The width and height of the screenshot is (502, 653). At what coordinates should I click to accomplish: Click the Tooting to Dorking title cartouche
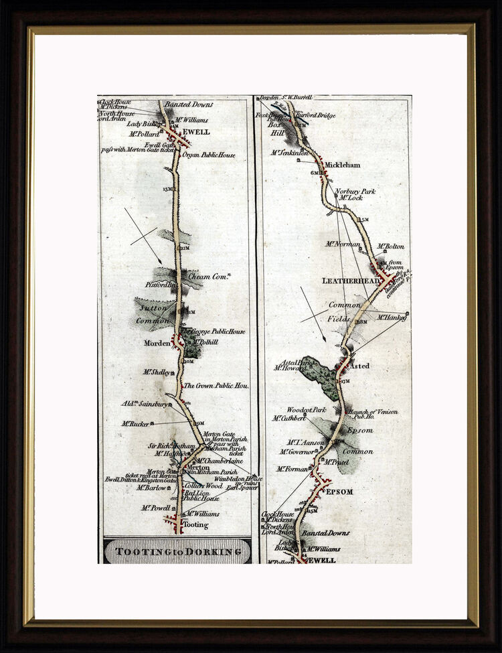pyautogui.click(x=177, y=551)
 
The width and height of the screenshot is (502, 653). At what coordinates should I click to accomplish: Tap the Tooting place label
pyautogui.click(x=195, y=525)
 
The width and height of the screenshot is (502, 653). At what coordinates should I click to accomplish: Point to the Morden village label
pyautogui.click(x=157, y=343)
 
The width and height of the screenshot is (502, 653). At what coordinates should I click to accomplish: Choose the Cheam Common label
pyautogui.click(x=207, y=276)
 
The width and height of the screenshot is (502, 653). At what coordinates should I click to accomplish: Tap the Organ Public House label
pyautogui.click(x=209, y=155)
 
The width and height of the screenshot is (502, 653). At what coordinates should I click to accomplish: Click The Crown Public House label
pyautogui.click(x=216, y=386)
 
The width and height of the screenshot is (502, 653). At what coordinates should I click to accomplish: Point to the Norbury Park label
pyautogui.click(x=355, y=191)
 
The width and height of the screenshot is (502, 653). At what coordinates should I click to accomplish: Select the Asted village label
pyautogui.click(x=359, y=366)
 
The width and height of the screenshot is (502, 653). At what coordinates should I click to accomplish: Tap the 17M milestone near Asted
pyautogui.click(x=345, y=381)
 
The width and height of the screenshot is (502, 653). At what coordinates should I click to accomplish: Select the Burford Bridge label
pyautogui.click(x=317, y=115)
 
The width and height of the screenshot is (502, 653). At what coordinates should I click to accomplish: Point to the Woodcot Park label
pyautogui.click(x=306, y=409)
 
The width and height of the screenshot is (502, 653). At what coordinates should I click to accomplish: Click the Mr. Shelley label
pyautogui.click(x=157, y=372)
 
